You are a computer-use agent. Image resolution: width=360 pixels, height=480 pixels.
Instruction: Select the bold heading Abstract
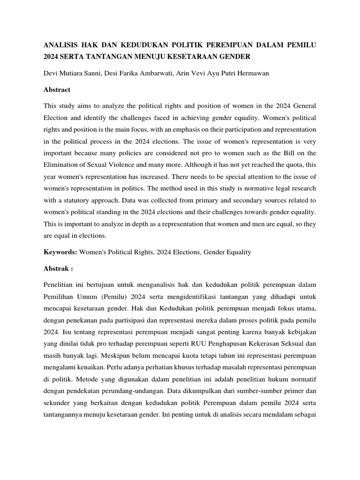point(57,90)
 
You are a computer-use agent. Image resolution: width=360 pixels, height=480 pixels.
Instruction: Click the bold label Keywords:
point(60,252)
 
